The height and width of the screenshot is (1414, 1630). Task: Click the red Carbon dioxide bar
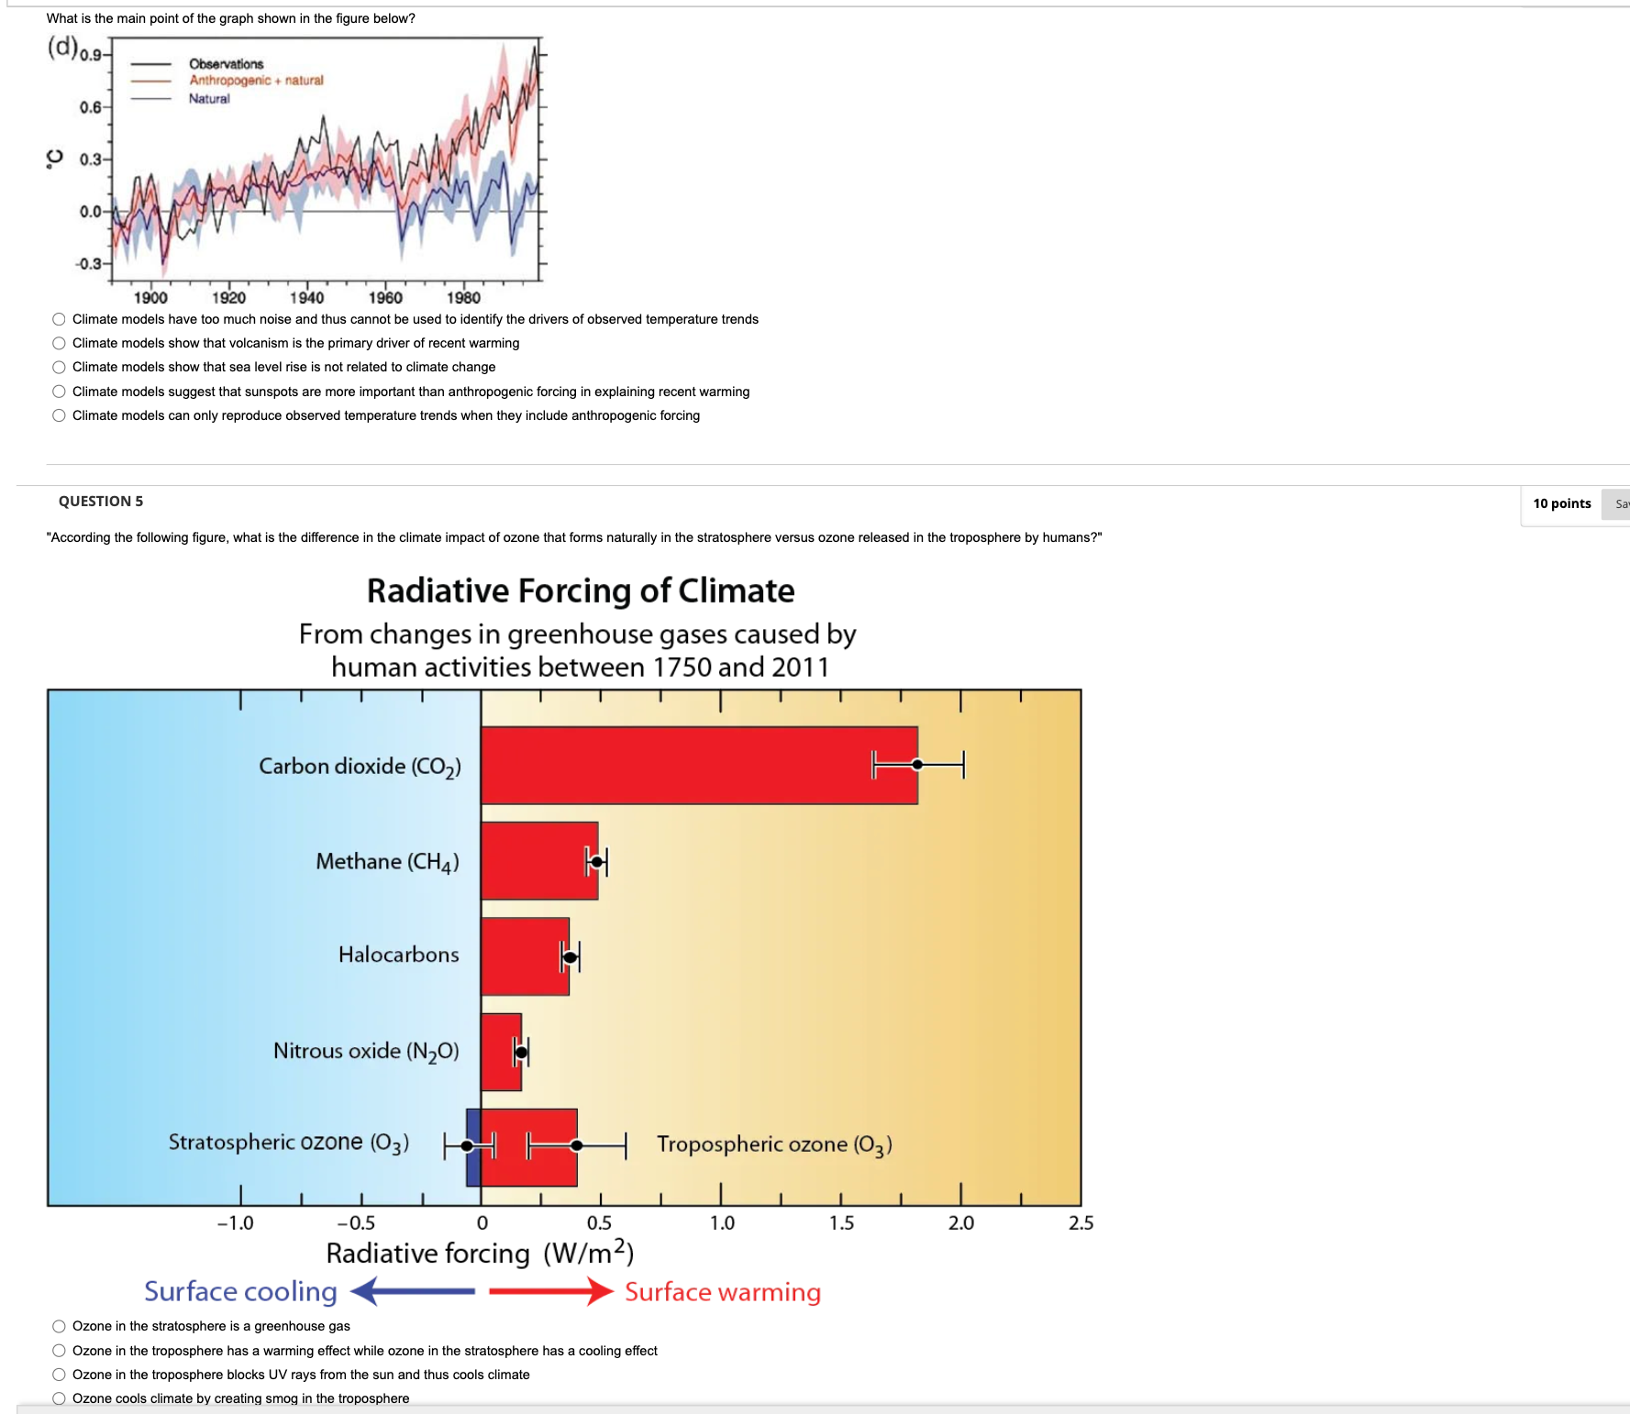(697, 766)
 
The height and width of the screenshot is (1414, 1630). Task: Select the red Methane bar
(539, 861)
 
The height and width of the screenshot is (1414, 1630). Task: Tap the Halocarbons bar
(525, 956)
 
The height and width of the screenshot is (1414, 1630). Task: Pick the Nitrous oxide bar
(501, 1052)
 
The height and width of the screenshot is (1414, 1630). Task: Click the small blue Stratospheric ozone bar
(473, 1147)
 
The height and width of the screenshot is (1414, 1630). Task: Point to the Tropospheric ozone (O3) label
(774, 1144)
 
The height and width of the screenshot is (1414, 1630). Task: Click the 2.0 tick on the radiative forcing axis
(960, 1222)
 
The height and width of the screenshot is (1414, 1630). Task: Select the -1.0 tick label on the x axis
(235, 1222)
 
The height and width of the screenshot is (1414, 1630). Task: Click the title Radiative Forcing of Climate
(580, 591)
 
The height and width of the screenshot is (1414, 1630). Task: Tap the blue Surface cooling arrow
(413, 1291)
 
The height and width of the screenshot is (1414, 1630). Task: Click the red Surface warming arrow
(550, 1291)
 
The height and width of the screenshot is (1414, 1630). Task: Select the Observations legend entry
(226, 64)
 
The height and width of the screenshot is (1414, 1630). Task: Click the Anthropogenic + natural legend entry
(256, 81)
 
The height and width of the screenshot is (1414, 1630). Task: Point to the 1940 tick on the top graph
(306, 297)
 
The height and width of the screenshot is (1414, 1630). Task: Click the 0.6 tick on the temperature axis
(90, 107)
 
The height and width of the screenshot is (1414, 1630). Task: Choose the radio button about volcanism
(59, 343)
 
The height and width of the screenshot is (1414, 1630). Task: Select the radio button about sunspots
(59, 392)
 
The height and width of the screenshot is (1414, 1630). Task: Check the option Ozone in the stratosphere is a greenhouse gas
(59, 1326)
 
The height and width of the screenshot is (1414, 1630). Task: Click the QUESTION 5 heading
(101, 502)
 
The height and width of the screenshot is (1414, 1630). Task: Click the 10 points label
(1561, 503)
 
